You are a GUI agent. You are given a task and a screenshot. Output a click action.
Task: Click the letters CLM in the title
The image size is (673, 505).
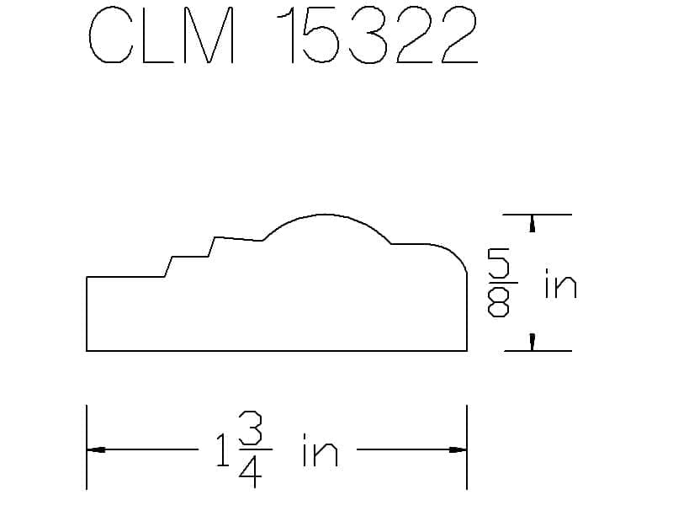tap(162, 35)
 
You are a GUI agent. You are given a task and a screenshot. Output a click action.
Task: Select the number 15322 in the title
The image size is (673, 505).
tap(377, 35)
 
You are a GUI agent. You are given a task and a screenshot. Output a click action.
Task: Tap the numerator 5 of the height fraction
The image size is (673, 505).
tap(498, 264)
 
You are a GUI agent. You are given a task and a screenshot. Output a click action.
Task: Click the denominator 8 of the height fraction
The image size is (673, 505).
tap(498, 301)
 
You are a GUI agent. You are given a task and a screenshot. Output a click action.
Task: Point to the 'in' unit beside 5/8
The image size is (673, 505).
tap(560, 284)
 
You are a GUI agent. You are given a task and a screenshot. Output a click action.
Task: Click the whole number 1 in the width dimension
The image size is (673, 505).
tap(223, 449)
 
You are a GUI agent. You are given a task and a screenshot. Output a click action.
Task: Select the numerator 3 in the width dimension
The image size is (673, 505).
tap(250, 428)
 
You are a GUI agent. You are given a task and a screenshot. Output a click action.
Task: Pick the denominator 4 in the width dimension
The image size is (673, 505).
tap(250, 470)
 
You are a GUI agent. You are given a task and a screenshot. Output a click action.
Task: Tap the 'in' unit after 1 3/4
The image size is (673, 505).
tap(321, 450)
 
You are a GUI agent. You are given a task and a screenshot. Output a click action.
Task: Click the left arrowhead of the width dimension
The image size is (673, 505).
tap(96, 450)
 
